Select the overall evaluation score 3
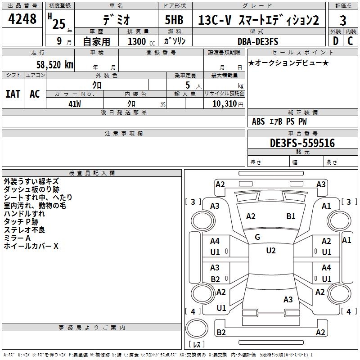(x=343, y=20)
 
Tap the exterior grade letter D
(x=335, y=41)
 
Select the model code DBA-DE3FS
(x=258, y=41)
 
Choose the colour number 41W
(x=75, y=103)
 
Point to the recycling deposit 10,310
(x=224, y=103)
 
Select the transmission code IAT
(x=13, y=94)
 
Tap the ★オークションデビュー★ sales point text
(x=288, y=63)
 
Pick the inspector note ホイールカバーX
(x=31, y=246)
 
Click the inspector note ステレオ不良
(x=24, y=230)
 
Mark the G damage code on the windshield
(x=257, y=237)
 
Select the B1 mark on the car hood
(x=291, y=216)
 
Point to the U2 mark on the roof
(x=271, y=251)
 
